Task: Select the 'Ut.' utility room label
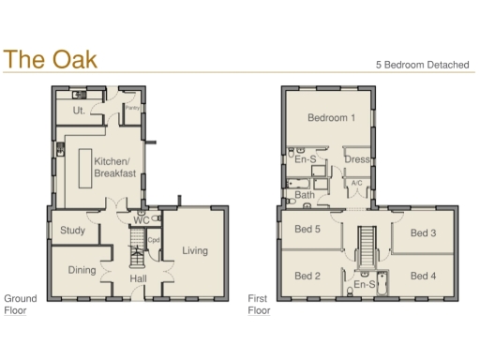click(79, 111)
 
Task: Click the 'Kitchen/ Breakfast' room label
click(116, 167)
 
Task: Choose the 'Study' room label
click(73, 231)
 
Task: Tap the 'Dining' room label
click(82, 270)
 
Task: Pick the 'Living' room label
click(195, 250)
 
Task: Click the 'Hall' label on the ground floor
click(138, 279)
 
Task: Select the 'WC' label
click(141, 221)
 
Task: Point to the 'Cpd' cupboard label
click(155, 240)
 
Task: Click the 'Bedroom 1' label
click(332, 118)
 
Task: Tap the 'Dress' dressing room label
click(356, 159)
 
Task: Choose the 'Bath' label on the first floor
click(305, 195)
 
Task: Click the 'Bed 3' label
click(423, 232)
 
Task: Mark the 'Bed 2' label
click(308, 276)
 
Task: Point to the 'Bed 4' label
click(423, 276)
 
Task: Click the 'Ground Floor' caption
click(21, 304)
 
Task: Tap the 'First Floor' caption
click(258, 304)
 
